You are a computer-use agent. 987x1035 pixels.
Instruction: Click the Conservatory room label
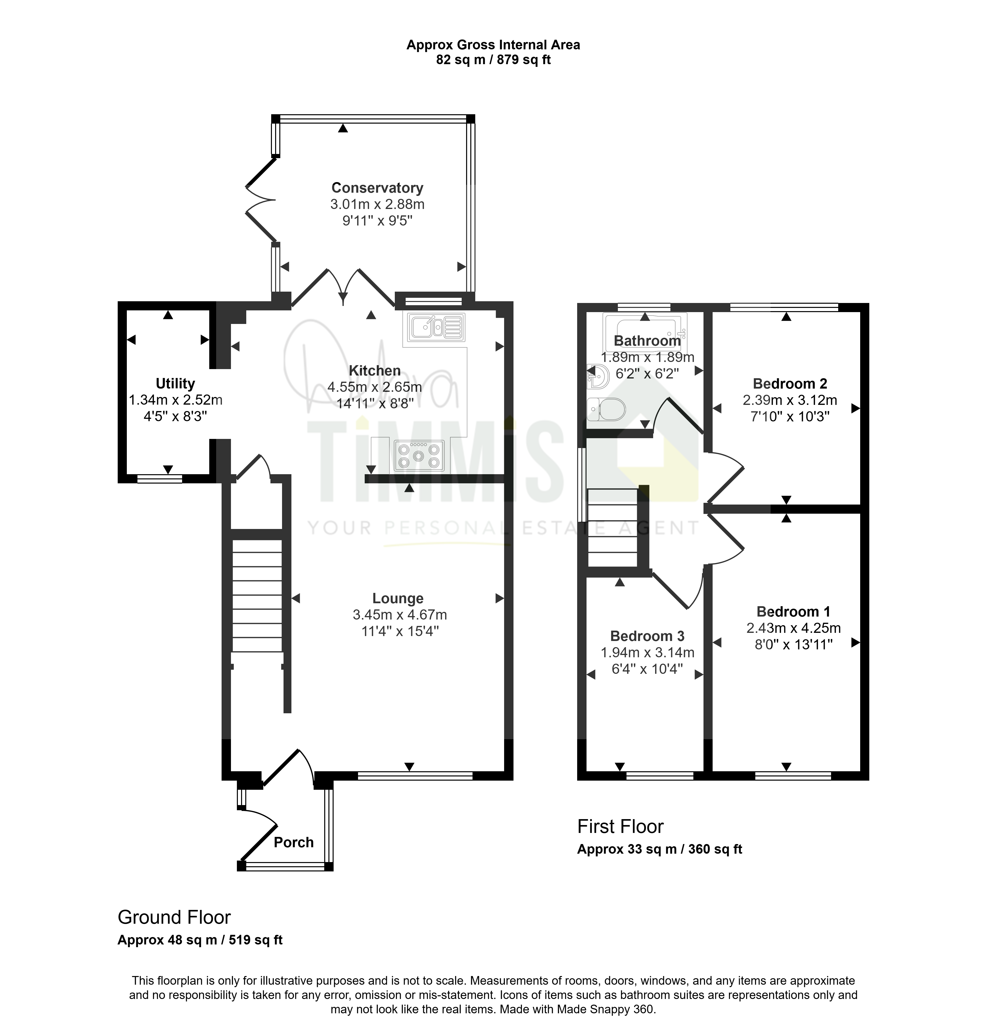coord(377,188)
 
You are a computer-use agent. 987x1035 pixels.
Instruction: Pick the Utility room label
coord(175,384)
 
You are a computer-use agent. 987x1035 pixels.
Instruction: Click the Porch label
coord(294,842)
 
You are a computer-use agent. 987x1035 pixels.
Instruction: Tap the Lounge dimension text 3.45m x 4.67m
coord(400,615)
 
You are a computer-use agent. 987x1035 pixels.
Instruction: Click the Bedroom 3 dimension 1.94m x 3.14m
coord(648,653)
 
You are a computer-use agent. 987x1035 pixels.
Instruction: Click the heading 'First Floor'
coord(620,827)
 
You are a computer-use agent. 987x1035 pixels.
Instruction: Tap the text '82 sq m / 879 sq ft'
coord(493,60)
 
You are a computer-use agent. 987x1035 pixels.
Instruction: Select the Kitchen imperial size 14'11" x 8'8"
coord(375,403)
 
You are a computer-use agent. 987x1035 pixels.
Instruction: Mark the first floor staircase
coord(612,528)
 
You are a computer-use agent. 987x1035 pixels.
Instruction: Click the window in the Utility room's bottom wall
coord(160,478)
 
